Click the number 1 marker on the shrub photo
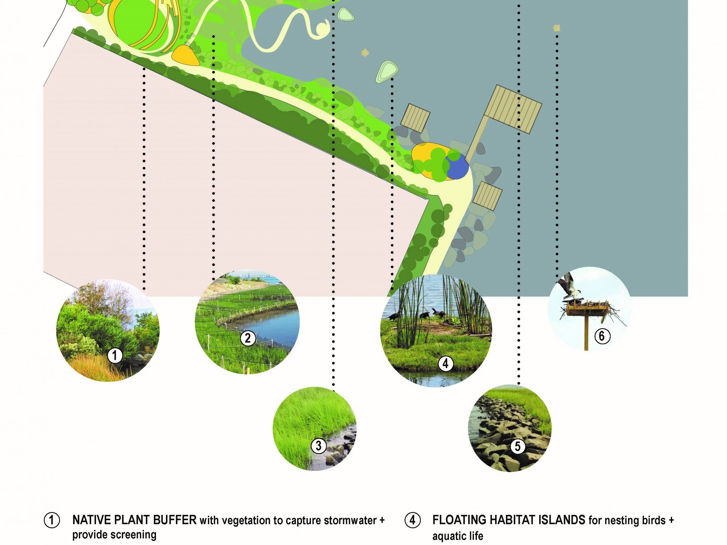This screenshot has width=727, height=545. (115, 355)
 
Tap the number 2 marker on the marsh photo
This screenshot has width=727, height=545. (248, 338)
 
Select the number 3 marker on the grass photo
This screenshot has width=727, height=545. (318, 445)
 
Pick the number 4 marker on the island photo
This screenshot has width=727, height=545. (446, 363)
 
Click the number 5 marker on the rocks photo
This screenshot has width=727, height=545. (517, 446)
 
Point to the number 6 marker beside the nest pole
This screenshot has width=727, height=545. (602, 336)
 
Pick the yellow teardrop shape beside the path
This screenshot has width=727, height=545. (185, 55)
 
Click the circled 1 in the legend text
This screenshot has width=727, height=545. (52, 521)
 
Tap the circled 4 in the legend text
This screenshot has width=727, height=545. (412, 521)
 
